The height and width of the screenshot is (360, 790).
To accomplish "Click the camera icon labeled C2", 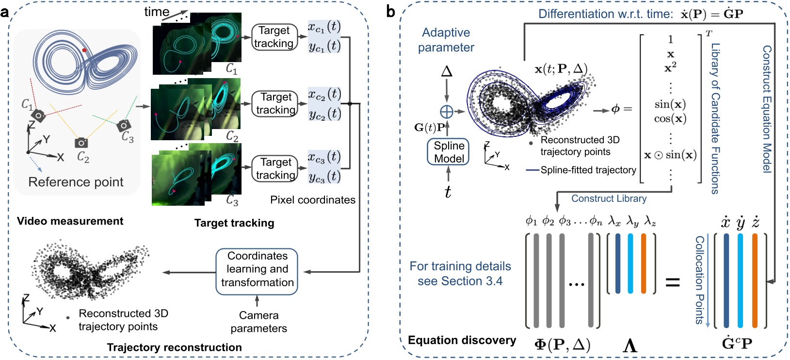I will pos(81,143).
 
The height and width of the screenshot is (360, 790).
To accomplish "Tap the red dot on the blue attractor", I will pos(84,50).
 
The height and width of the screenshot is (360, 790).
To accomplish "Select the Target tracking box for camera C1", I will pos(274,37).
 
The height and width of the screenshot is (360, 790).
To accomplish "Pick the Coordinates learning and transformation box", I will pos(257,269).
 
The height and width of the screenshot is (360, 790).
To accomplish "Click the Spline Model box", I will pos(449,152).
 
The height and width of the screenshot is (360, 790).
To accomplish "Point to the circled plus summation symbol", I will pos(447,112).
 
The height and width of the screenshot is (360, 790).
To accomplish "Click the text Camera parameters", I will pos(258,322).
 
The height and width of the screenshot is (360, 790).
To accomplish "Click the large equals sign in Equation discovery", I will pos(672,282).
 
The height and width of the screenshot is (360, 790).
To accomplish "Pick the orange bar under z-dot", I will pos(754,280).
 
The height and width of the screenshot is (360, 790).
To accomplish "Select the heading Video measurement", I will pos(70,221).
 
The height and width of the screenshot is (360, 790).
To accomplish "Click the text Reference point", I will pos(76,182).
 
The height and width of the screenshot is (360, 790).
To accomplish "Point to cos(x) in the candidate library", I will pos(670,119).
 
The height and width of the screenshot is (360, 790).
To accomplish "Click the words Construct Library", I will pos(609,198).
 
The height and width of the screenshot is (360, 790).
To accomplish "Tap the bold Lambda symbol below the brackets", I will pos(629,345).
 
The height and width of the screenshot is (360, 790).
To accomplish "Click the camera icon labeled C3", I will pos(123,126).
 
